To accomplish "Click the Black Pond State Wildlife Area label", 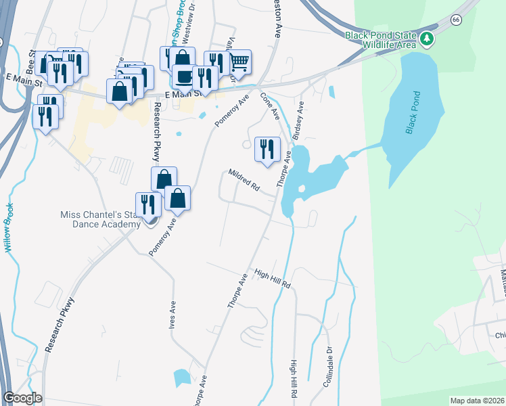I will tap(381, 41).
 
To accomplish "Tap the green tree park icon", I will tap(427, 39).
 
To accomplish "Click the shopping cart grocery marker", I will tap(239, 63).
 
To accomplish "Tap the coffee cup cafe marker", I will tap(183, 77).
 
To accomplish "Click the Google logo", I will tap(22, 398).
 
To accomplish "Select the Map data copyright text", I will tap(478, 401).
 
